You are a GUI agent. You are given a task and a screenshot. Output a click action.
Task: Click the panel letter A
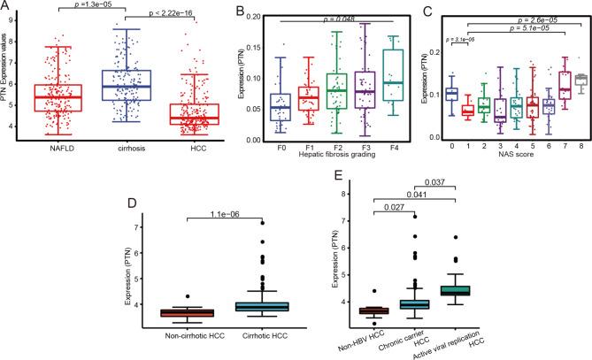tap(6, 7)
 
